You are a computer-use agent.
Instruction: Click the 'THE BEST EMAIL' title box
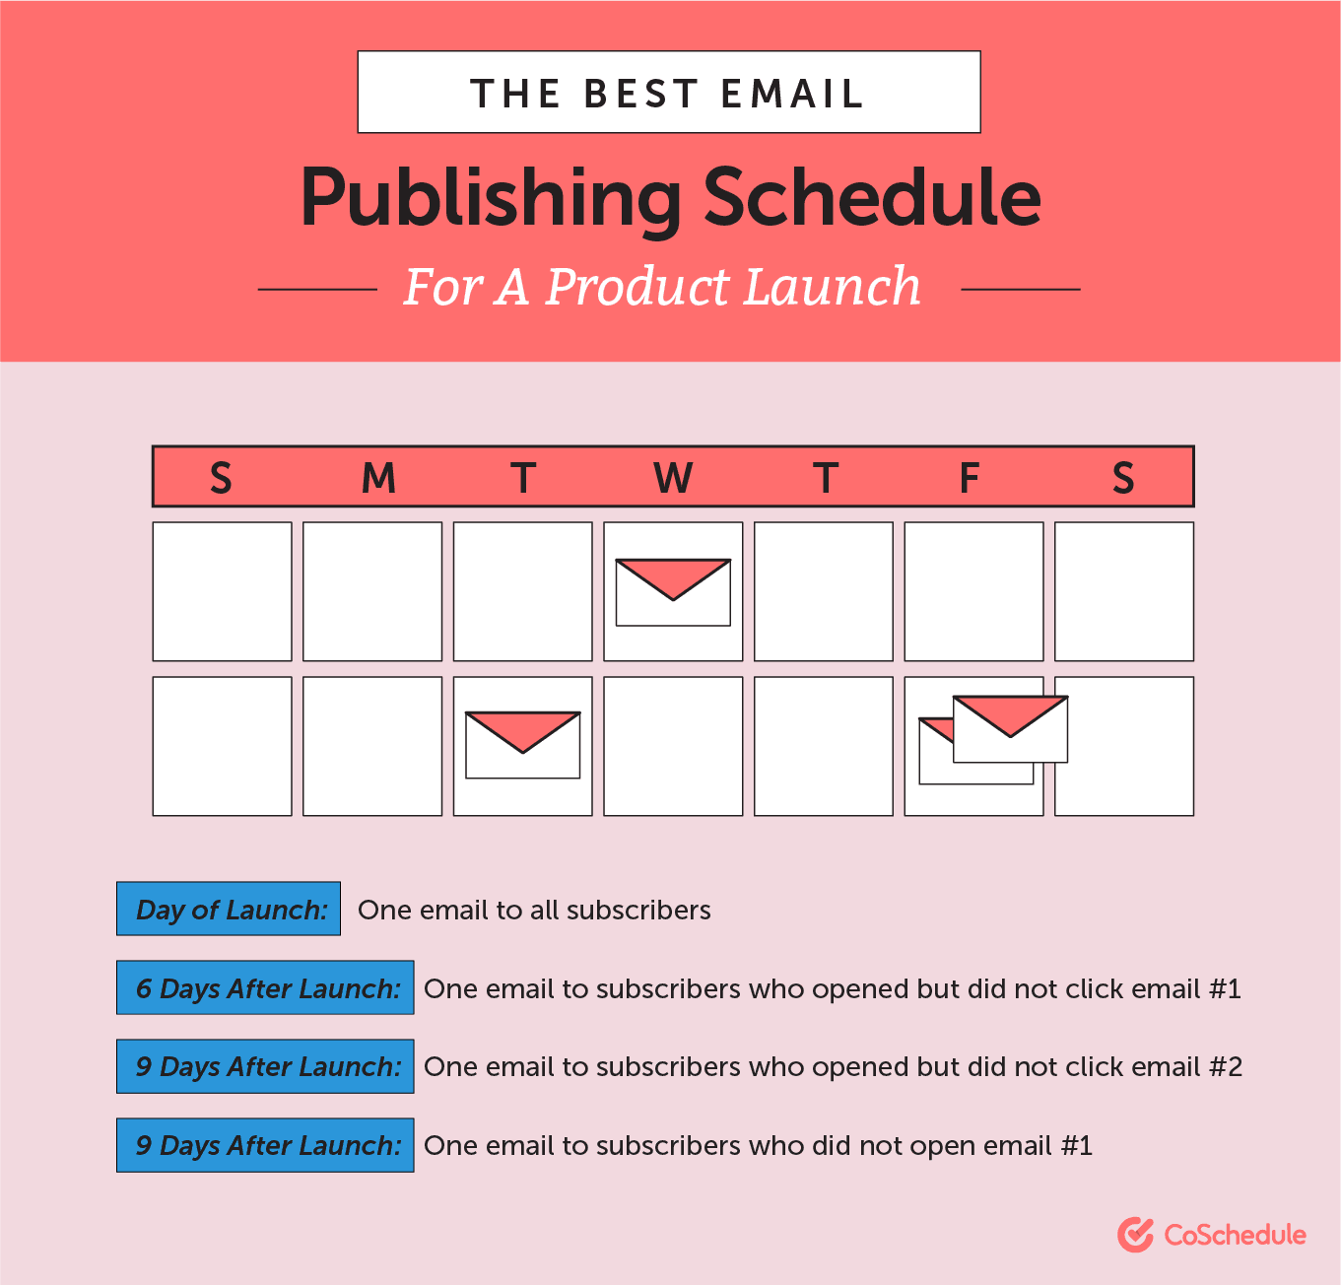(668, 92)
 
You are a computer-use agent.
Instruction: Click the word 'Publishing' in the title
(490, 198)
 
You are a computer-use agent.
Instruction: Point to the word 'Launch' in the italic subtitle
(833, 286)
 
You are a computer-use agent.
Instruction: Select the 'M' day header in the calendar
(378, 477)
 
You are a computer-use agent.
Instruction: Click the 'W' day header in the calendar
(673, 477)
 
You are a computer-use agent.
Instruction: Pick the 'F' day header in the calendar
(969, 477)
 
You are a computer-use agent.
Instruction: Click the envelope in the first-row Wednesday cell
(673, 592)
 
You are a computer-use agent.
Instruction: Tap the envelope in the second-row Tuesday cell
(522, 745)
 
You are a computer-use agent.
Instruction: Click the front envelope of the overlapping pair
(1010, 729)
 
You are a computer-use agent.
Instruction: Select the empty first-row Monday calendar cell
(372, 591)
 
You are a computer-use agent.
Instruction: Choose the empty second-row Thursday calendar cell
(824, 746)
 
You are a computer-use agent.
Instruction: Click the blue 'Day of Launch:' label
(228, 909)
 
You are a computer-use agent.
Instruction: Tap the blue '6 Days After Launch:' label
(265, 986)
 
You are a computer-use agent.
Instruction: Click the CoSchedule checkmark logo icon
(1135, 1235)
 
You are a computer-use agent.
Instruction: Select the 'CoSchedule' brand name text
(1235, 1235)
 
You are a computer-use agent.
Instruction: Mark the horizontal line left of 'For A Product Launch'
(317, 290)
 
